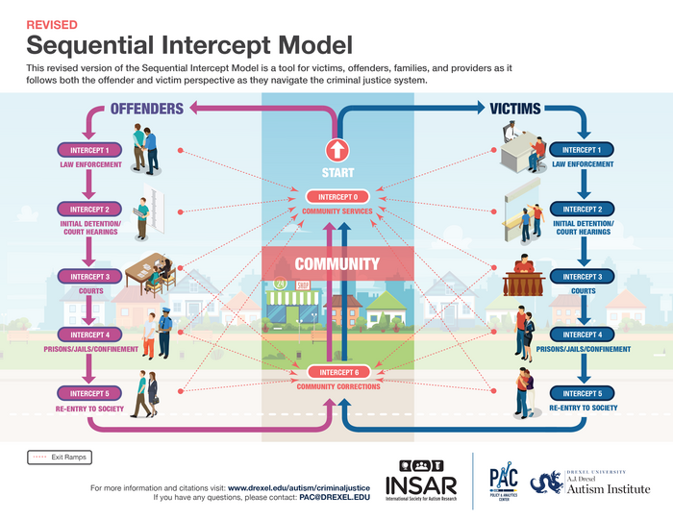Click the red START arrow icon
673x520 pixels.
[336, 150]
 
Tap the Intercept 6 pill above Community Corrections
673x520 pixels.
[336, 372]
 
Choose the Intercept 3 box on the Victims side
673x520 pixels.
[582, 277]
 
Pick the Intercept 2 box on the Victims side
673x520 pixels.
[582, 209]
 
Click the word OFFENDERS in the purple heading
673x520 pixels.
[146, 109]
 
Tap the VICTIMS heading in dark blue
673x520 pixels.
[515, 109]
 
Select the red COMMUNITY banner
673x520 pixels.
[336, 262]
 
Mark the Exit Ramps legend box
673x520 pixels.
[59, 458]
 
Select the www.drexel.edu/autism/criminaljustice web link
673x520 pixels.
[300, 487]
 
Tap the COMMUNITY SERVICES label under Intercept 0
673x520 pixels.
[336, 210]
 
